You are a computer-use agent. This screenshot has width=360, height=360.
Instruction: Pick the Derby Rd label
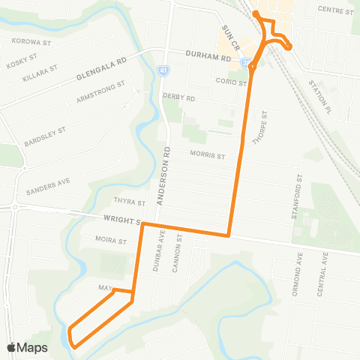(x=178, y=97)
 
